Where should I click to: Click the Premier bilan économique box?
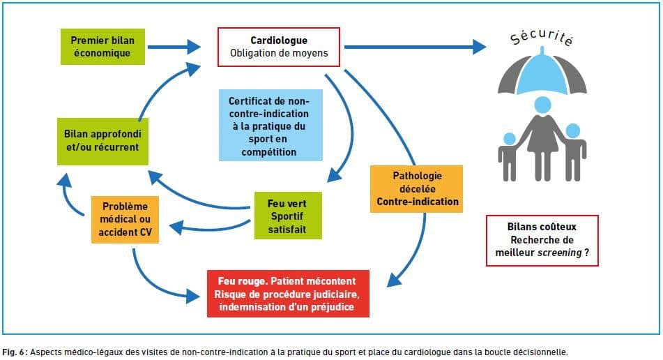(102, 47)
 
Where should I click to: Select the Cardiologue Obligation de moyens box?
(279, 47)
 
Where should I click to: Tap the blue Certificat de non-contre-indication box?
(270, 125)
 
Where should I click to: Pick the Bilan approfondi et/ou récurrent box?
(102, 142)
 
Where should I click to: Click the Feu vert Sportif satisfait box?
(288, 216)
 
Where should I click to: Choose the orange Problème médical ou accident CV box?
(125, 220)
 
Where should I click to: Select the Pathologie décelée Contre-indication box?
(416, 188)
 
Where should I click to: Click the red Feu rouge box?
(288, 294)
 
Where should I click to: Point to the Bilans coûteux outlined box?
(542, 240)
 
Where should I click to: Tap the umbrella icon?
(542, 71)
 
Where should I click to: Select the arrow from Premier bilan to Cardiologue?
(174, 47)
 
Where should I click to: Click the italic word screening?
(559, 253)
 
